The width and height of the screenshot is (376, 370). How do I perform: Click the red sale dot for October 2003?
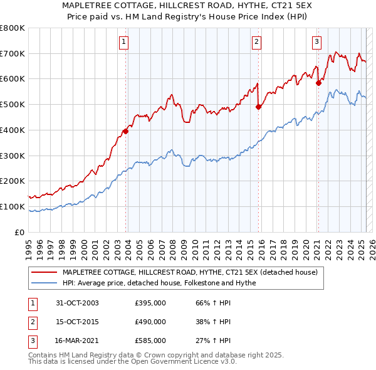coord(125,131)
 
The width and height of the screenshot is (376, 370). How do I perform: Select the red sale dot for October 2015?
coord(258,107)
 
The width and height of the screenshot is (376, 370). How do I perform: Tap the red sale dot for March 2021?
coord(318,82)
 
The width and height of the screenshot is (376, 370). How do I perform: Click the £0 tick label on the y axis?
coord(20,232)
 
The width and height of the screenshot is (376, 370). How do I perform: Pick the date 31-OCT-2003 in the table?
coord(77,304)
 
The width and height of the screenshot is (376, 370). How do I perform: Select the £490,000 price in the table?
coord(150,322)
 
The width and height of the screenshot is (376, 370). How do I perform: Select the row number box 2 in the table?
coord(32,322)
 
